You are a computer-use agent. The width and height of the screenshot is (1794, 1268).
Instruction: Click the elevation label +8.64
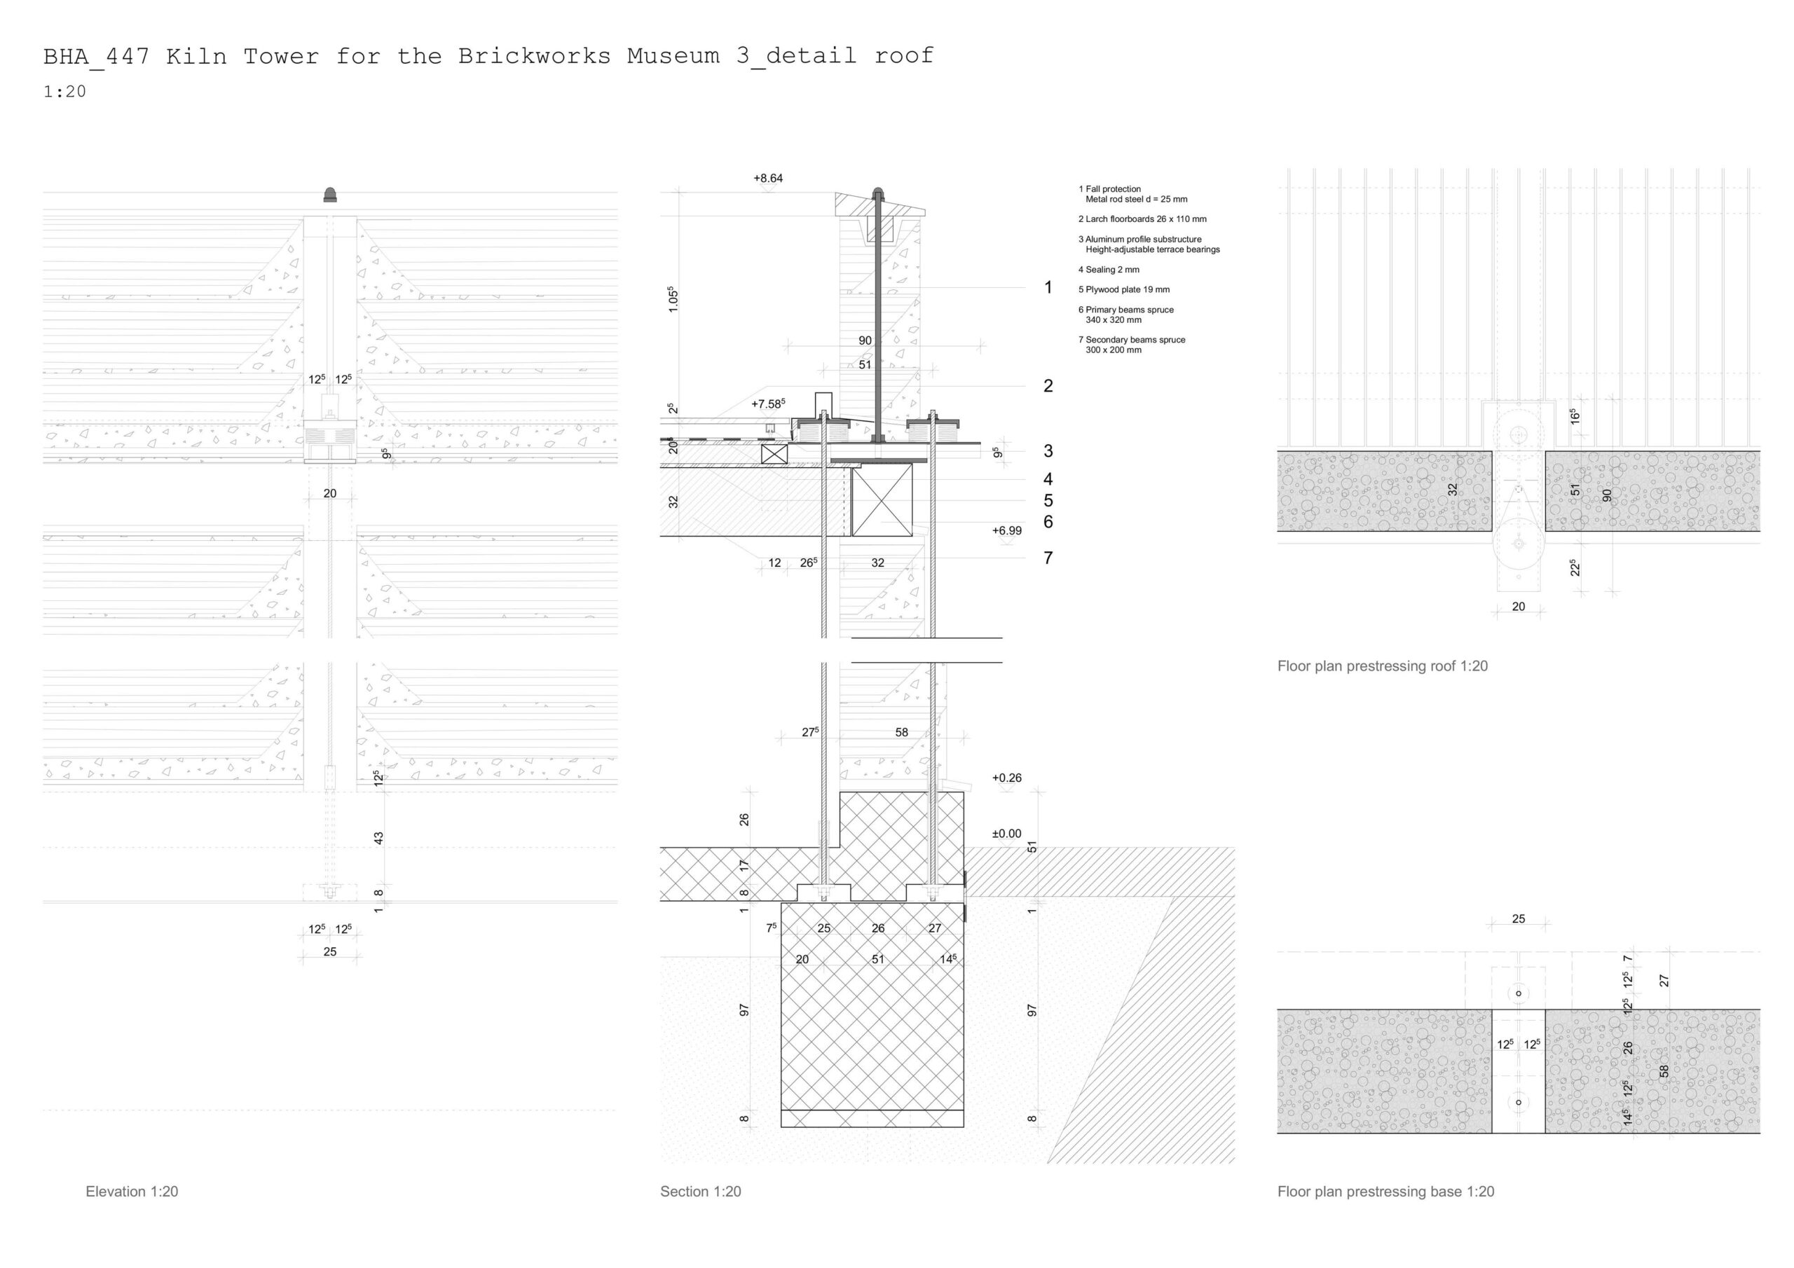767,178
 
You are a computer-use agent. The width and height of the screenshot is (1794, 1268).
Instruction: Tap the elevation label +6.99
1006,530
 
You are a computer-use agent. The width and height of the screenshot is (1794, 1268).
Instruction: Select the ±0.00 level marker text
1006,834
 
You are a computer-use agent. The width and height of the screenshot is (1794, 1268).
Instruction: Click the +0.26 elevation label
1006,778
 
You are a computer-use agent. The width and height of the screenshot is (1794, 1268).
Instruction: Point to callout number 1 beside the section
1048,287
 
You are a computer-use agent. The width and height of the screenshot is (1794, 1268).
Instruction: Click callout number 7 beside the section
1048,558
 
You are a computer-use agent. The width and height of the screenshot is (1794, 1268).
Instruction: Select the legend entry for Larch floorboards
1142,219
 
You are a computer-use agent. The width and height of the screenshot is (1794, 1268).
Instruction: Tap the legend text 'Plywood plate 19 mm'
1123,290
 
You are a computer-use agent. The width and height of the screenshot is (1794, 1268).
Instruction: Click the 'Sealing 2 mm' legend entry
1109,270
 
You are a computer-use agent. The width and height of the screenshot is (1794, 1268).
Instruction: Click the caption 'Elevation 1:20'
131,1192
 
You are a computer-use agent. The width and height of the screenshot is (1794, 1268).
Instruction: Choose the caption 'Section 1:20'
700,1192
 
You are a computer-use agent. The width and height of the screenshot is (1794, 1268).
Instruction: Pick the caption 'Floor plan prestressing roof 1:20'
1382,666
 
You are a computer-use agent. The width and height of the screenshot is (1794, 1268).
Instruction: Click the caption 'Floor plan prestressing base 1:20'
1385,1192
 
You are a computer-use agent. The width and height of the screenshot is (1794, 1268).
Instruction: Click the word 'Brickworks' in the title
535,56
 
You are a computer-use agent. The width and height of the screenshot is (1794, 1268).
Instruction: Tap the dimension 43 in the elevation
379,838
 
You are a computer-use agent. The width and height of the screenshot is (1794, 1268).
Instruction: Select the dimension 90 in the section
864,340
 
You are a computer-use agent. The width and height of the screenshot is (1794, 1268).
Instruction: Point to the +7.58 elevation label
767,404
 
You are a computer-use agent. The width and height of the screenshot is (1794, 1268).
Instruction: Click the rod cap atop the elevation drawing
331,195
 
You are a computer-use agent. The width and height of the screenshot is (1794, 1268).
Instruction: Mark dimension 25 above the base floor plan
1518,918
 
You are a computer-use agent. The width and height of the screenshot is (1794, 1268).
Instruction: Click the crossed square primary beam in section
882,500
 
